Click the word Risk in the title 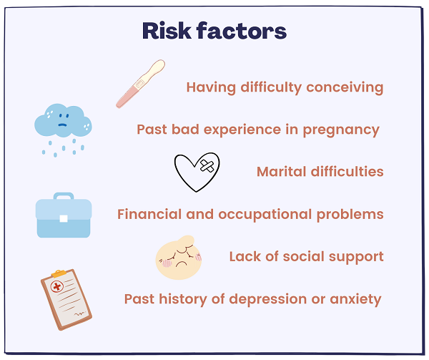point(167,31)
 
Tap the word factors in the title point(242,31)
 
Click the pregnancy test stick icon point(140,84)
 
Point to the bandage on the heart point(207,166)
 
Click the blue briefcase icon point(64,215)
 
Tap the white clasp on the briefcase point(64,218)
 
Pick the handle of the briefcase point(64,195)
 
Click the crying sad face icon point(179,258)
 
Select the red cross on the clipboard point(57,286)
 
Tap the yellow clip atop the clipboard point(59,273)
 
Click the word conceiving point(345,87)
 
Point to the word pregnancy point(341,130)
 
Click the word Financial point(149,214)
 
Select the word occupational point(265,215)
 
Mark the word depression point(268,299)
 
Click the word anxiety point(355,299)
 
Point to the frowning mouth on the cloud point(62,125)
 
